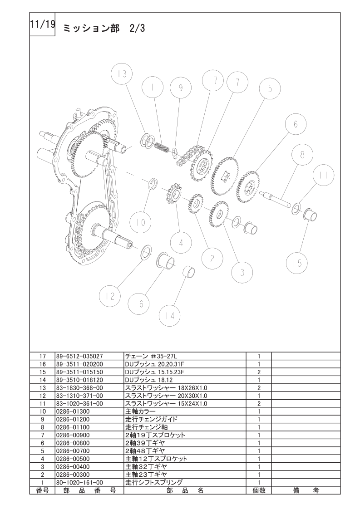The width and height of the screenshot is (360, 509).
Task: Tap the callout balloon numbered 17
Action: click(x=213, y=80)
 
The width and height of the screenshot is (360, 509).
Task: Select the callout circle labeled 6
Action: click(x=296, y=124)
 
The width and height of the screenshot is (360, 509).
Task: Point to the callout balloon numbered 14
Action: click(x=170, y=316)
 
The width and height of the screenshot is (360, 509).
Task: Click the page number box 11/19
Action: click(x=42, y=24)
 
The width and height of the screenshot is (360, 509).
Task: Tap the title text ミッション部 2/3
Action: click(x=104, y=29)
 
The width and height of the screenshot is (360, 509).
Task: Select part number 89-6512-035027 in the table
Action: click(x=79, y=356)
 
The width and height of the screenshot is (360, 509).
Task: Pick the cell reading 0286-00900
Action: click(x=73, y=435)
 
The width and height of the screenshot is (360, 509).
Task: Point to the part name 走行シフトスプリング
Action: click(x=154, y=482)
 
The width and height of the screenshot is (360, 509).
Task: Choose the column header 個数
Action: click(x=259, y=490)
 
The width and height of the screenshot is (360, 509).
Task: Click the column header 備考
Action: click(x=306, y=490)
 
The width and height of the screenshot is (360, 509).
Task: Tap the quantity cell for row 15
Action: click(x=259, y=372)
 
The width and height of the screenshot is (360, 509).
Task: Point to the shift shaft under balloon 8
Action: click(x=276, y=199)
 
